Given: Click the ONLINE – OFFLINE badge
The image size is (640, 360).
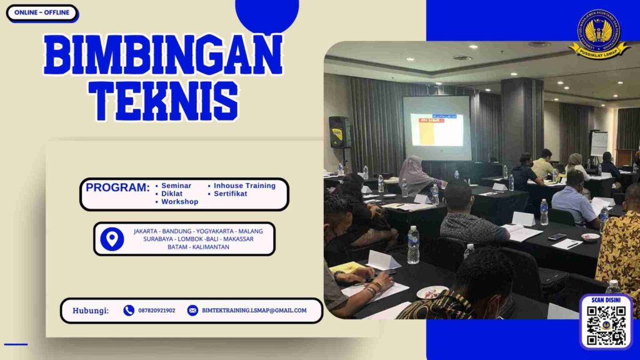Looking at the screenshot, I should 41,12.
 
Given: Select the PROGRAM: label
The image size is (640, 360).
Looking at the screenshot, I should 117,187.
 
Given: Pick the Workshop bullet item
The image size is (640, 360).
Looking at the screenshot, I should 179,202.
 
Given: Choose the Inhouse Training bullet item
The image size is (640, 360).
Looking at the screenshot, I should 244,186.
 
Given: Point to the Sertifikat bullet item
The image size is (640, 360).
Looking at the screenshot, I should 231,194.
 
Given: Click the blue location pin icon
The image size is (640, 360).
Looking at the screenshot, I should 112,239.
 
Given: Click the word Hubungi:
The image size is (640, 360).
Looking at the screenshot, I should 91,311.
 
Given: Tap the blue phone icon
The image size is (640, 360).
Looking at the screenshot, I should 129,311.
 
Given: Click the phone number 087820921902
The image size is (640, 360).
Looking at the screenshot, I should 156,311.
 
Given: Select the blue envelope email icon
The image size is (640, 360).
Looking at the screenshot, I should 192,311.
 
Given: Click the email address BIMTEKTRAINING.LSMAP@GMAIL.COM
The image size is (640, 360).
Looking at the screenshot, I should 254,311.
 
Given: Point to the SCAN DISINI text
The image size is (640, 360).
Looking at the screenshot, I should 606,301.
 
